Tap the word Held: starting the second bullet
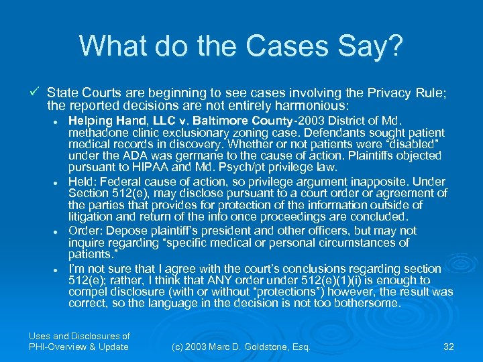coord(83,181)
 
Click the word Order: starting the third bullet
coord(85,230)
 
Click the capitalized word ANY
coord(223,280)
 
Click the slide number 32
coord(449,347)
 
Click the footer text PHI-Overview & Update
coord(78,347)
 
